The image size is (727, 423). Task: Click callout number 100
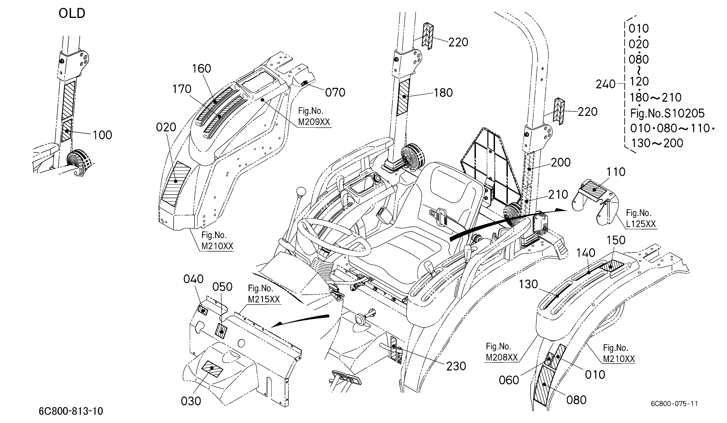point(102,135)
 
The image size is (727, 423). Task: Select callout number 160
point(202,69)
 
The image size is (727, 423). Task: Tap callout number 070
point(335,93)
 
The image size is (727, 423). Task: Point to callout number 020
point(166,127)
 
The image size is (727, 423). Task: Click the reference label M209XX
point(314,122)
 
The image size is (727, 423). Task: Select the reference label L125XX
point(641,224)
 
